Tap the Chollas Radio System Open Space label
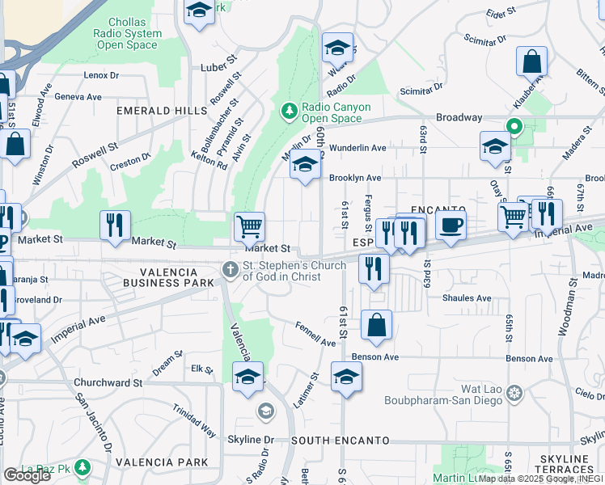(126, 34)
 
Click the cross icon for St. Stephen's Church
(231, 270)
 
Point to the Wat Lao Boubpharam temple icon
(514, 394)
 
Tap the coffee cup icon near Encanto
(451, 225)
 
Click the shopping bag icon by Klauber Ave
(531, 61)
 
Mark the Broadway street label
(459, 117)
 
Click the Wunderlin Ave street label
(357, 148)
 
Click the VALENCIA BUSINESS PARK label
(168, 276)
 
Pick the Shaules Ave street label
(467, 297)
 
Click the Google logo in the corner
(27, 475)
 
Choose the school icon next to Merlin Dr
(304, 164)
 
